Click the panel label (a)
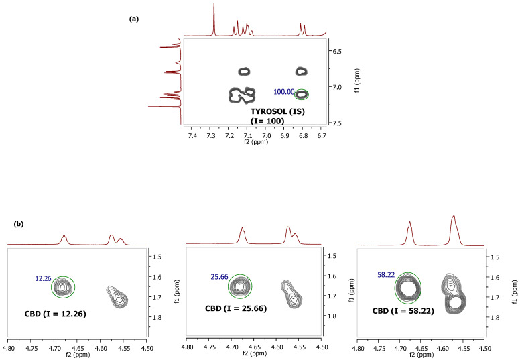pyautogui.click(x=133, y=19)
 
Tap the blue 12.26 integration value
pyautogui.click(x=44, y=278)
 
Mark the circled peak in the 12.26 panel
pyautogui.click(x=63, y=287)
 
